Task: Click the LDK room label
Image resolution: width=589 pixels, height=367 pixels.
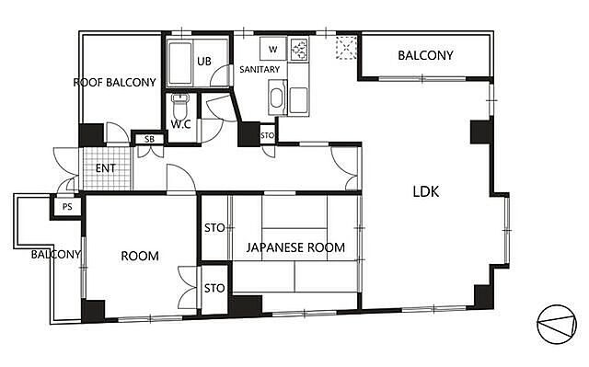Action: tap(425, 191)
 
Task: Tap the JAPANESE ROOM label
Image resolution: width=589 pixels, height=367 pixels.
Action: tap(295, 247)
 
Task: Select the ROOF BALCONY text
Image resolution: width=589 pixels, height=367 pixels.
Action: tap(114, 83)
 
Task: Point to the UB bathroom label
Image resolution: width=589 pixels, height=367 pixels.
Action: tap(204, 61)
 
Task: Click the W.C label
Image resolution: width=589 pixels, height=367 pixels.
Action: tap(180, 124)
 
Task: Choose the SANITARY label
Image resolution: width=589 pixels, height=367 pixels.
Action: tap(260, 69)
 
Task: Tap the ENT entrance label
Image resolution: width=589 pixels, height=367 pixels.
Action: tap(106, 168)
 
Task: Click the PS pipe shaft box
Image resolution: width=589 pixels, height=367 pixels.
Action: tap(67, 207)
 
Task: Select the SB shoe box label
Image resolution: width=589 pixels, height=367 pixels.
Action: tap(149, 139)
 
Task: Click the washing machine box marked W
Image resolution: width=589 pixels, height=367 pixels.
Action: tap(273, 49)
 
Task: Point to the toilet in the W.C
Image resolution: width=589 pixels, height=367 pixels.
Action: tap(180, 106)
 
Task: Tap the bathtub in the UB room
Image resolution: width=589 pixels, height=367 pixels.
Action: tap(180, 63)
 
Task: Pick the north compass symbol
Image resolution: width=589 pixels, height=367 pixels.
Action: tap(557, 325)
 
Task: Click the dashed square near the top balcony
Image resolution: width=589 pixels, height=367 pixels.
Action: tap(346, 47)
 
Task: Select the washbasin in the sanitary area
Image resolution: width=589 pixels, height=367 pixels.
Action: tap(277, 97)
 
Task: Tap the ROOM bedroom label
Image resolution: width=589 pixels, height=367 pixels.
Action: tap(140, 257)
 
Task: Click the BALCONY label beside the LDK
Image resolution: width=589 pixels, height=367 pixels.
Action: tap(425, 55)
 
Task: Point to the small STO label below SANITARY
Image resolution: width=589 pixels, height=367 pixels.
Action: tap(268, 135)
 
